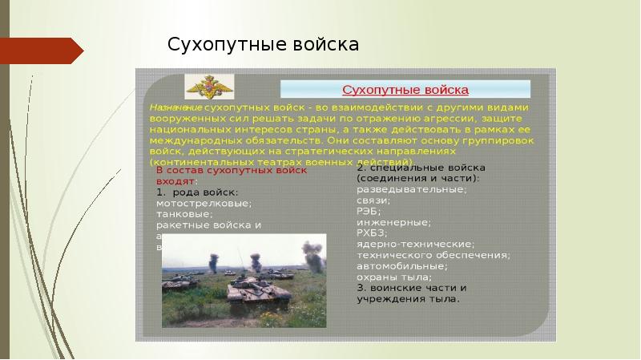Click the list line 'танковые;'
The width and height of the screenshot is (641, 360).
coord(184,214)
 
